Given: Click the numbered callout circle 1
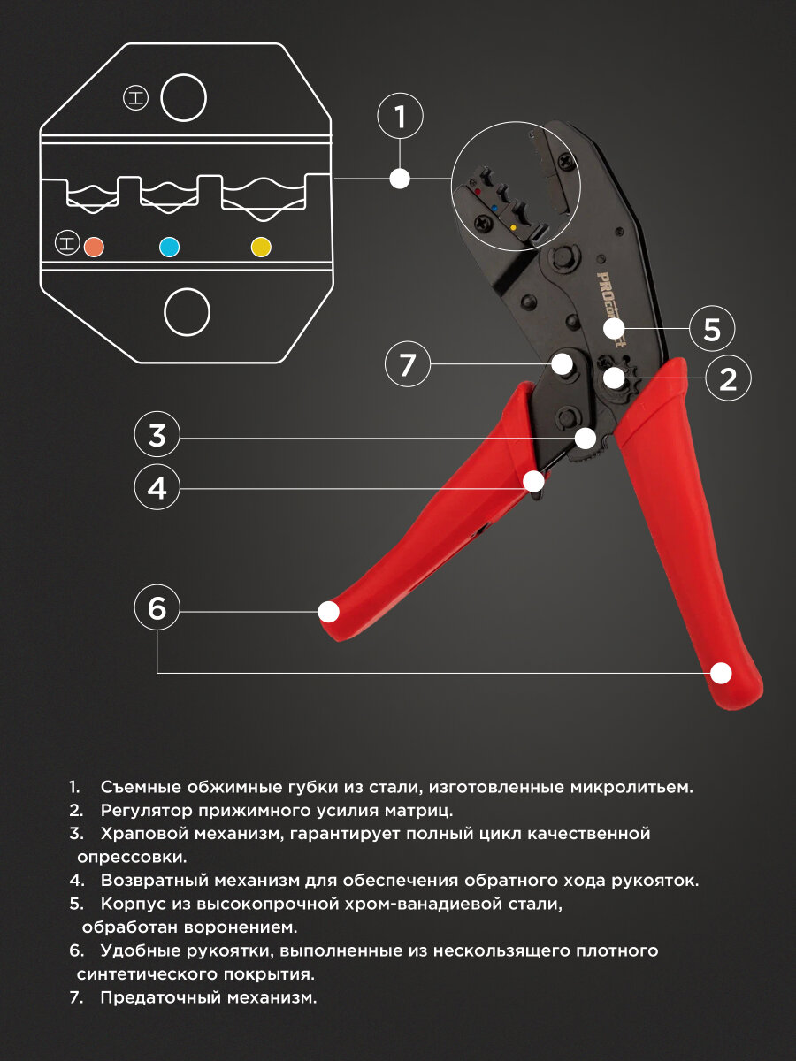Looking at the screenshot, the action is click(x=400, y=117).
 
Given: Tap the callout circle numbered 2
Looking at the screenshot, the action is click(x=728, y=378).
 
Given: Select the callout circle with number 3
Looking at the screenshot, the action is click(x=157, y=435).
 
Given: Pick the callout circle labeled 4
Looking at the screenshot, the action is click(x=157, y=487).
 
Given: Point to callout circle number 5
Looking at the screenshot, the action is click(x=712, y=330).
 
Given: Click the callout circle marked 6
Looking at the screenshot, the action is click(x=157, y=608).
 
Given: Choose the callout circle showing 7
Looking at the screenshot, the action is click(x=407, y=364).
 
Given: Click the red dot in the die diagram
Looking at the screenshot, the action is click(x=94, y=247).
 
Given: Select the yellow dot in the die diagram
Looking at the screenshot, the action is click(x=261, y=247).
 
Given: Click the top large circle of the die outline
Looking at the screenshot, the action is click(x=183, y=97).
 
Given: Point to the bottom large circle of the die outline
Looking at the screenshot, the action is click(x=187, y=312).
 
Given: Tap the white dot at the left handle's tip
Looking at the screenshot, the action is click(x=329, y=611).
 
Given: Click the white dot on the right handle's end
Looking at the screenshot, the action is click(x=722, y=673).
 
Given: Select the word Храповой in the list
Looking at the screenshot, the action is click(x=142, y=834).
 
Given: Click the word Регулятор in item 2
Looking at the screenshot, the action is click(x=145, y=810).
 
